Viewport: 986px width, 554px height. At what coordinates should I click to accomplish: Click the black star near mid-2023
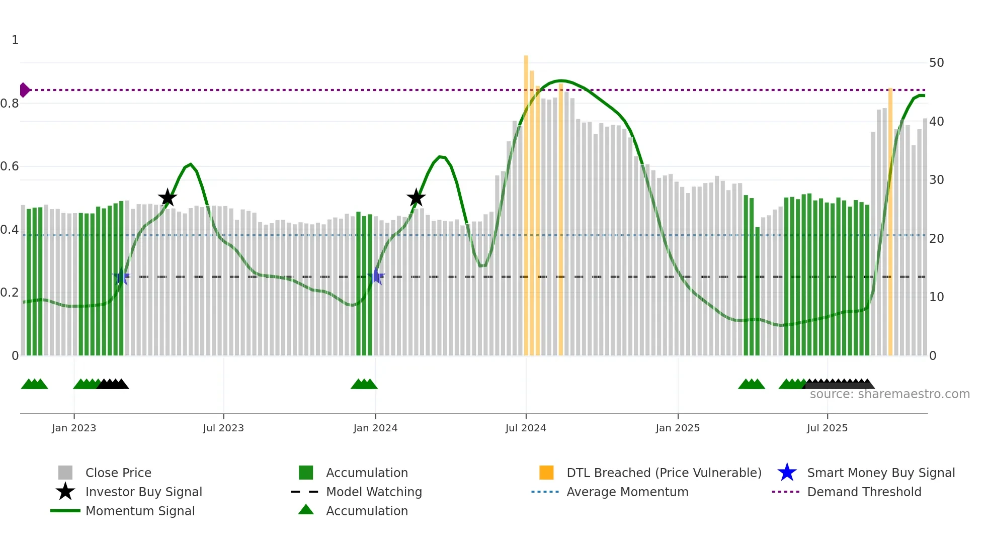pyautogui.click(x=168, y=198)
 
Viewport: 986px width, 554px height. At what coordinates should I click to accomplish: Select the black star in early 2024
pyautogui.click(x=416, y=198)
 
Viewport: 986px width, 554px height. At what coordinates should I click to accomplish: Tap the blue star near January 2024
pyautogui.click(x=376, y=276)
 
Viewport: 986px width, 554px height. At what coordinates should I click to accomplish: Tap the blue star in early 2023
pyautogui.click(x=121, y=276)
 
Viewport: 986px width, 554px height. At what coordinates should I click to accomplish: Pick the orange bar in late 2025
pyautogui.click(x=890, y=221)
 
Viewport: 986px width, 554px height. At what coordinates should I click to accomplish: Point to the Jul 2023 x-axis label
pyautogui.click(x=223, y=428)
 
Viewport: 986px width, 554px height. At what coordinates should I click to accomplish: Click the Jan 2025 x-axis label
pyautogui.click(x=678, y=428)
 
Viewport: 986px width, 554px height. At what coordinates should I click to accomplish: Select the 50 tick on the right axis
pyautogui.click(x=936, y=63)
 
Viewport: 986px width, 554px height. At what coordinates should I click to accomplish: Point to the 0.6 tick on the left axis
pyautogui.click(x=10, y=166)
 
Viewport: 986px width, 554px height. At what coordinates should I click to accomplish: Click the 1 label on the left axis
pyautogui.click(x=15, y=40)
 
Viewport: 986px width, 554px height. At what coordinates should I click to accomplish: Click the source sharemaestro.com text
pyautogui.click(x=889, y=394)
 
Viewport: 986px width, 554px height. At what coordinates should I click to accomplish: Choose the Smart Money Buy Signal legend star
pyautogui.click(x=787, y=473)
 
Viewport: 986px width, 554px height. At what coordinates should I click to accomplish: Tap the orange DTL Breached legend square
pyautogui.click(x=546, y=473)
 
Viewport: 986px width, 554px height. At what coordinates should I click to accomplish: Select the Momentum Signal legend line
pyautogui.click(x=65, y=511)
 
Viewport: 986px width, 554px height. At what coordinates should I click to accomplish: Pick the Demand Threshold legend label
pyautogui.click(x=864, y=492)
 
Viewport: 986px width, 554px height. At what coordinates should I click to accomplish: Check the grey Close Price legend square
pyautogui.click(x=65, y=473)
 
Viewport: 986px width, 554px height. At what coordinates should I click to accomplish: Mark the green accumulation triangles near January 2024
pyautogui.click(x=364, y=384)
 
